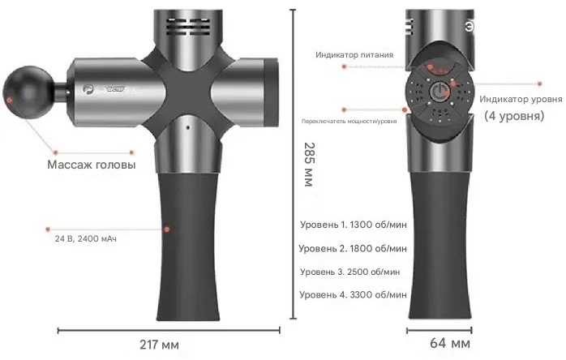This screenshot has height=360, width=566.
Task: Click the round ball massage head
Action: tap(28, 92)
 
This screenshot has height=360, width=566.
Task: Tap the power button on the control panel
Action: tap(439, 92)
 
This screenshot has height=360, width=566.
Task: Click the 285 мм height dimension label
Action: tap(309, 165)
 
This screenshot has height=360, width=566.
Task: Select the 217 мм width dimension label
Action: tap(159, 345)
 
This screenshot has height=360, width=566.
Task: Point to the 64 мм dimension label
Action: tap(450, 343)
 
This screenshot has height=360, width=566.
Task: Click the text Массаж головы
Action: tap(92, 165)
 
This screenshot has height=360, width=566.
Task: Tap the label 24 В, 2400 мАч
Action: tap(86, 238)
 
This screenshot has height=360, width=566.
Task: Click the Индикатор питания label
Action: tap(354, 55)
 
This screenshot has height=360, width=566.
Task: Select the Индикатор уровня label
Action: tap(521, 99)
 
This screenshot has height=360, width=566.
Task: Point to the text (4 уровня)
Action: tap(514, 116)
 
